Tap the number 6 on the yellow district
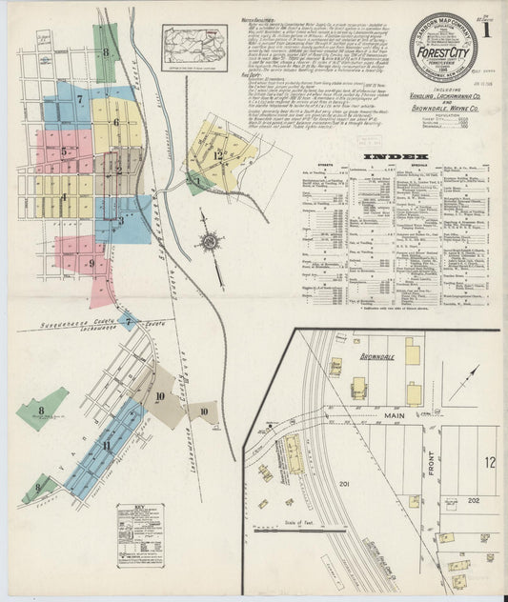coord(116,121)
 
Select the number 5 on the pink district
coord(64,150)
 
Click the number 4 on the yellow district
coord(64,198)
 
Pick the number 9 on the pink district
coord(91,263)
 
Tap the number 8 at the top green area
coord(106,51)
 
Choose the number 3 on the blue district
coord(121,219)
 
